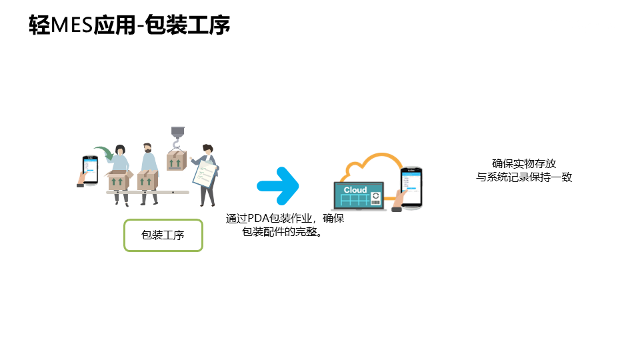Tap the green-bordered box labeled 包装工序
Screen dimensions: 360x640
(163, 235)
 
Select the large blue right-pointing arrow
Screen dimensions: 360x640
(278, 185)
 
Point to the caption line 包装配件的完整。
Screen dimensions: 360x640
(282, 231)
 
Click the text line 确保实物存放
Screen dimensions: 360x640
(524, 163)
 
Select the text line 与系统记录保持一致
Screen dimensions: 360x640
(524, 177)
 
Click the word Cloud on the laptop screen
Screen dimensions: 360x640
(355, 190)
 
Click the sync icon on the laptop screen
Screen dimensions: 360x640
(375, 197)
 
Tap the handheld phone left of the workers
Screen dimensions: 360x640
(89, 169)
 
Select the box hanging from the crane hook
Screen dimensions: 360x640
(176, 161)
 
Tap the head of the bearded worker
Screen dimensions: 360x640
(148, 147)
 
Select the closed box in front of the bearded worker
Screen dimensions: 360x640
(147, 180)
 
